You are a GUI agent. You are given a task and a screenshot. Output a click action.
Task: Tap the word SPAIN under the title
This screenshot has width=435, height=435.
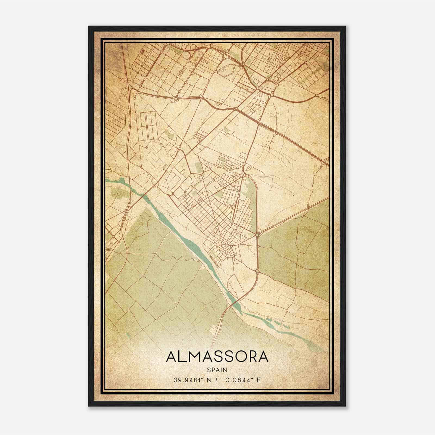coord(217,370)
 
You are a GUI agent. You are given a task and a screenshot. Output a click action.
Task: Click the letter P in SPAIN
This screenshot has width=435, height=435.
coord(213,370)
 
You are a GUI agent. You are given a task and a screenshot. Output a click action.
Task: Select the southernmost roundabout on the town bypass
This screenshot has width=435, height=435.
coord(257,271)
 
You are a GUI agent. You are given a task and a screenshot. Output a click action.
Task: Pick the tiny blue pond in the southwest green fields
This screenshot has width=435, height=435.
coord(129,335)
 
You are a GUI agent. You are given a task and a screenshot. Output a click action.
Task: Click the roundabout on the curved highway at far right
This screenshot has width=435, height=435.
coord(317,95)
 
